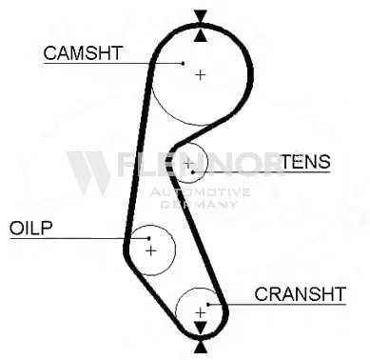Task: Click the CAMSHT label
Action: (x=83, y=52)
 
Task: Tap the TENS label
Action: (x=305, y=161)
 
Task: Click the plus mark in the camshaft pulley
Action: (x=200, y=73)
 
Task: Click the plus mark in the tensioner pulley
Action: (x=188, y=166)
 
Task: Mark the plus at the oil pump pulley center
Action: (x=149, y=250)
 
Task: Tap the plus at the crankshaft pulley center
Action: (x=200, y=310)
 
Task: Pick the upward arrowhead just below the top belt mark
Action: (x=200, y=35)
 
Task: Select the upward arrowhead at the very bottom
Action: (x=200, y=344)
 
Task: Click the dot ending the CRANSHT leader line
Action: (x=221, y=304)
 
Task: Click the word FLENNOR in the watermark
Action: (x=200, y=168)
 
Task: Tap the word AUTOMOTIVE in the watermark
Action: (x=200, y=191)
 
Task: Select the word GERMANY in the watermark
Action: (x=200, y=204)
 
